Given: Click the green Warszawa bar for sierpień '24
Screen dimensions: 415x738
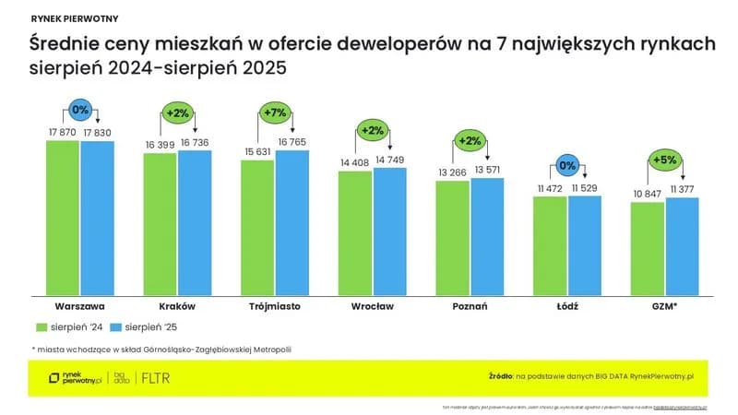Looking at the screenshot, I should [63, 217].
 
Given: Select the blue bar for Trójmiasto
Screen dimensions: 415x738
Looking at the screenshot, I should [292, 221].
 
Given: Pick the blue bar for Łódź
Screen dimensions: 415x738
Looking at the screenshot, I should [584, 244].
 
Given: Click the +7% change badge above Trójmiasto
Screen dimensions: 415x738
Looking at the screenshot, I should [275, 112].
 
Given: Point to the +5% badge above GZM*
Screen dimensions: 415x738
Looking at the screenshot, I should [665, 159].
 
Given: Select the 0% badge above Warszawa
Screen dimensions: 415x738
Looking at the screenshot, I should [80, 109].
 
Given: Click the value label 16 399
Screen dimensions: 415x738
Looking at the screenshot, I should [160, 145].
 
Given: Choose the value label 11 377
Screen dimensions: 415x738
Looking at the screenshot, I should [682, 189].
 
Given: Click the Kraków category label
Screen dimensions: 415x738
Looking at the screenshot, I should [177, 305].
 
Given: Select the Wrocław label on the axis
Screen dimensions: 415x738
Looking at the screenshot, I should [372, 305].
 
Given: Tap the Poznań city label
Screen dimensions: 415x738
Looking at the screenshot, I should [470, 305].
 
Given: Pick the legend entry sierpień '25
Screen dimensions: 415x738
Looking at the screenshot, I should [144, 326].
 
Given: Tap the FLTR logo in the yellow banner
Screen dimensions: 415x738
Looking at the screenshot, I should [156, 378].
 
